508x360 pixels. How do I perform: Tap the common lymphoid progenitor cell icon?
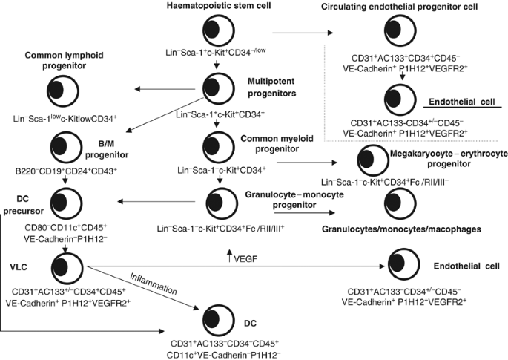pos(70,89)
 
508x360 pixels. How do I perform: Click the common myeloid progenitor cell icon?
pos(215,143)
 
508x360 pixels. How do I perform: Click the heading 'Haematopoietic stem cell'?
pos(215,7)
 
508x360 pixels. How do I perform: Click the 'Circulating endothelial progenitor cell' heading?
pos(401,7)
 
